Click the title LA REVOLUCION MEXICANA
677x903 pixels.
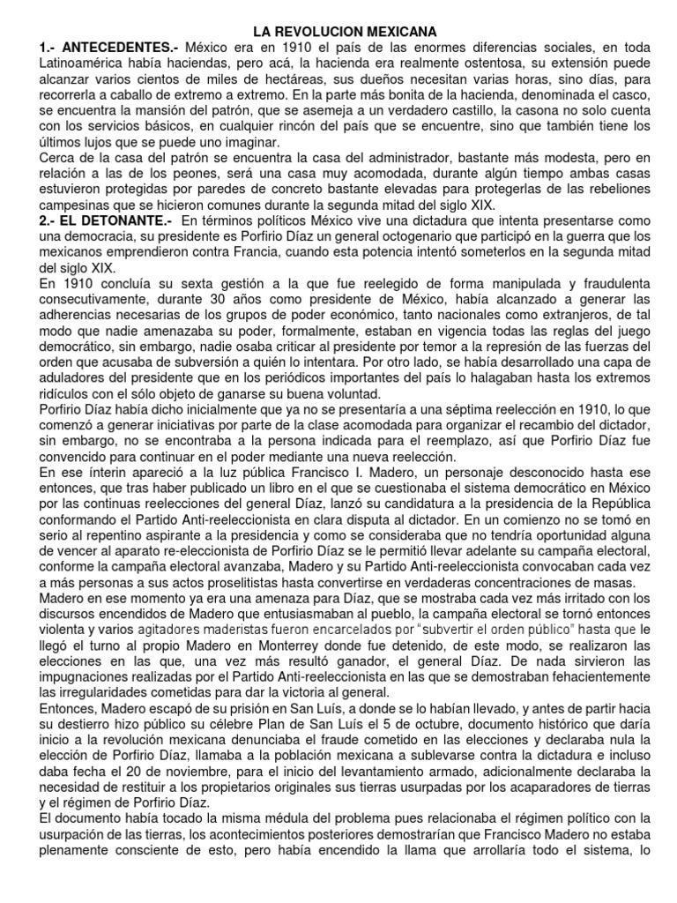338,31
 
